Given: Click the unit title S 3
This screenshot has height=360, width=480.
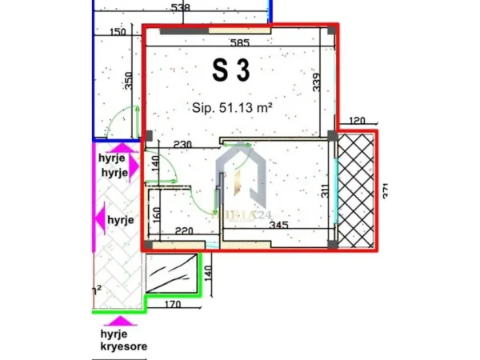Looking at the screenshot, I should click(231, 70).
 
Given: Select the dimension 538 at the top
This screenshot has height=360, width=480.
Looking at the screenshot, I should click(181, 8).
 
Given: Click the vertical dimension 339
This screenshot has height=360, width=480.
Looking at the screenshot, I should click(318, 82).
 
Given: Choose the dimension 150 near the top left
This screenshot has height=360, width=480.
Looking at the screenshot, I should click(118, 32).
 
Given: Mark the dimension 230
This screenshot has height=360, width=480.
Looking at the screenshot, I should click(183, 144).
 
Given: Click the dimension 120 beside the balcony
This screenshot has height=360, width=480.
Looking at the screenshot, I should click(357, 122).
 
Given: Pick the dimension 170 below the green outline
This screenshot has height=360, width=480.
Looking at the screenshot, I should click(166, 304).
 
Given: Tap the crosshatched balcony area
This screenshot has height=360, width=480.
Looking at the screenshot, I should click(357, 192).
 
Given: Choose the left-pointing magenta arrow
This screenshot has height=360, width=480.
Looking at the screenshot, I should click(99, 218).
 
